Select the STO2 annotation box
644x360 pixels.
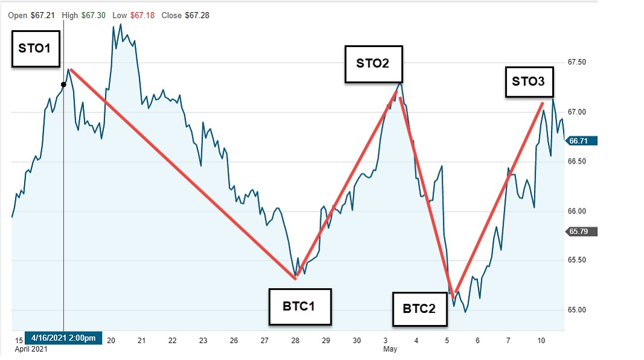(373, 63)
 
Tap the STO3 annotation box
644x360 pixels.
(528, 82)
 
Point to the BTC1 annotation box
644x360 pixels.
(298, 306)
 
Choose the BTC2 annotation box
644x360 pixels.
(419, 309)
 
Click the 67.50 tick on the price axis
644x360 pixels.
(577, 62)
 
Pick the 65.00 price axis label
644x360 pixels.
(577, 310)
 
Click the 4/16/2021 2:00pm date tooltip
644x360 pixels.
(63, 338)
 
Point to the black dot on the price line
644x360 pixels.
(63, 84)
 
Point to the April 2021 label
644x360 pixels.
(30, 349)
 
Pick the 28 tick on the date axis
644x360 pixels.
(295, 340)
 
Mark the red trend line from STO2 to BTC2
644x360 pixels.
(426, 193)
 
